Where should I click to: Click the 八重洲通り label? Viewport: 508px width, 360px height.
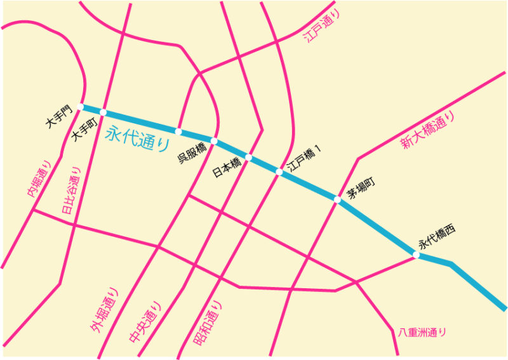[x=422, y=331]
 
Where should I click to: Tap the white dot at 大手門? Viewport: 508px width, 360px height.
[x=81, y=107]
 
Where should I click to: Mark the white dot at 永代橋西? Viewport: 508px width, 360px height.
[x=417, y=255]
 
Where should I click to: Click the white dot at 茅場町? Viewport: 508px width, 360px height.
[x=338, y=200]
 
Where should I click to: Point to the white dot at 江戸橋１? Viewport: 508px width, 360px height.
[x=279, y=171]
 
